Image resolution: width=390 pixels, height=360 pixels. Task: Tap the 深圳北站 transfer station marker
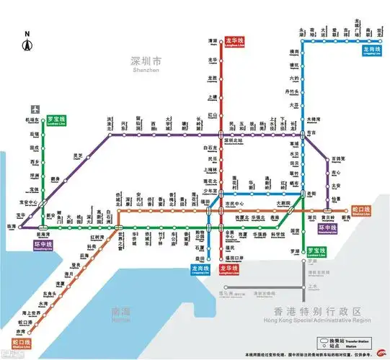click(221, 134)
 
